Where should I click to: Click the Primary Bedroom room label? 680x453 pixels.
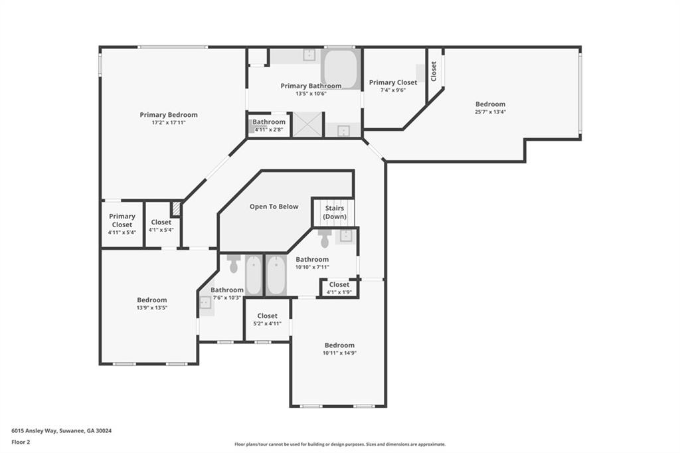pyautogui.click(x=168, y=115)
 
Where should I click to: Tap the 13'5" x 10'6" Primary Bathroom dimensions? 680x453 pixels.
pyautogui.click(x=311, y=94)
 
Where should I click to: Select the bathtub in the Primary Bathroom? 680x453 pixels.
pyautogui.click(x=341, y=69)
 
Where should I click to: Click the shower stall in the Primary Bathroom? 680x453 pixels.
pyautogui.click(x=307, y=124)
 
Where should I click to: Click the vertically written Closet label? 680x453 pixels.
pyautogui.click(x=434, y=71)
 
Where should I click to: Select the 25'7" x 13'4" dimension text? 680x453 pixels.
pyautogui.click(x=490, y=112)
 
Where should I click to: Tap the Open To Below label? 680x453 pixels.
pyautogui.click(x=274, y=207)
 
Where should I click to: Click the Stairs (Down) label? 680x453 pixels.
pyautogui.click(x=334, y=213)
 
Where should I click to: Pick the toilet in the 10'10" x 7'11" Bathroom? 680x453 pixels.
pyautogui.click(x=324, y=237)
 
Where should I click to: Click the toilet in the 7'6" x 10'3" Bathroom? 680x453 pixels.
pyautogui.click(x=233, y=263)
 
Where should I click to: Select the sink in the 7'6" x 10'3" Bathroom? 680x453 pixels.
pyautogui.click(x=205, y=303)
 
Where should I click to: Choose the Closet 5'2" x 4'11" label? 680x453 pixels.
pyautogui.click(x=267, y=319)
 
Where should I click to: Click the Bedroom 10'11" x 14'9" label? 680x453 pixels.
pyautogui.click(x=339, y=349)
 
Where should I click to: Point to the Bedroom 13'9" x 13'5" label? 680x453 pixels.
pyautogui.click(x=151, y=304)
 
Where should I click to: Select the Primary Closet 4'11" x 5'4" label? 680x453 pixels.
pyautogui.click(x=122, y=224)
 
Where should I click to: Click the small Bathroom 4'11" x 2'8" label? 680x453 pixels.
pyautogui.click(x=269, y=126)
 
